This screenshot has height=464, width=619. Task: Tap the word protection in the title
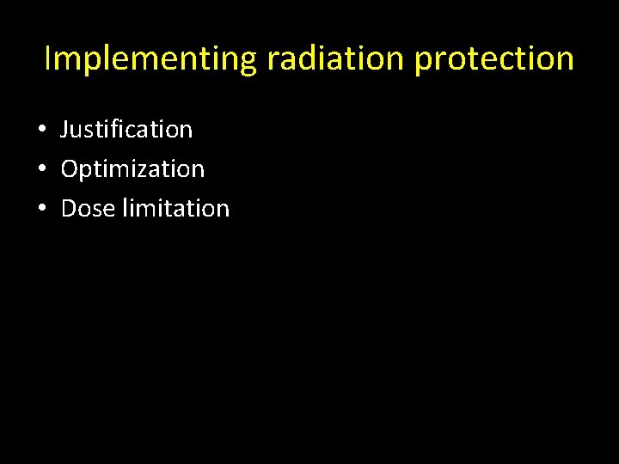coord(495,58)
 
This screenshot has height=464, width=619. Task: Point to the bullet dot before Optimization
coord(42,169)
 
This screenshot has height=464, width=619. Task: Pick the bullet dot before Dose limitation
coord(42,209)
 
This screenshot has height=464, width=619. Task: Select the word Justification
coord(127,130)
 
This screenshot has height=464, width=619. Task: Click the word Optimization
coord(133,169)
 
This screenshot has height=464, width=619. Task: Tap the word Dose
coord(89,208)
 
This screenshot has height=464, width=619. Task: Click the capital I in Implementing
coord(48,58)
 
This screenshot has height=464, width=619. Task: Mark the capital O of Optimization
coord(70,169)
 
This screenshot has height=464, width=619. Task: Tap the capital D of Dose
coord(69,208)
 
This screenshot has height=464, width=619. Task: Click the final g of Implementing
coord(249,62)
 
